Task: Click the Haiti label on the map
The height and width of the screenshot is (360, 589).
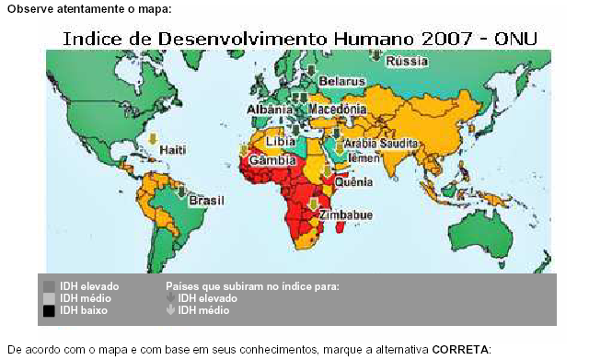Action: point(173,148)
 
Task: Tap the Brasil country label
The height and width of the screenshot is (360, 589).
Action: point(207,199)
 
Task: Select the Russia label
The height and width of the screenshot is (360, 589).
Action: point(407,62)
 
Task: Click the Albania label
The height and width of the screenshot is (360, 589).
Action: point(270,110)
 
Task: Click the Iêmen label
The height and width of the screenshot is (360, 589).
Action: point(365,158)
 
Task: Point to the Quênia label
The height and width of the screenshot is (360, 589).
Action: point(352,181)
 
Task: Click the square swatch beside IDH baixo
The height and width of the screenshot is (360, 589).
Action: point(50,311)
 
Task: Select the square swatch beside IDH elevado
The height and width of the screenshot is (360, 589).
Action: point(50,286)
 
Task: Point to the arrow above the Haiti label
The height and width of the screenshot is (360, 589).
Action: point(153,139)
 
